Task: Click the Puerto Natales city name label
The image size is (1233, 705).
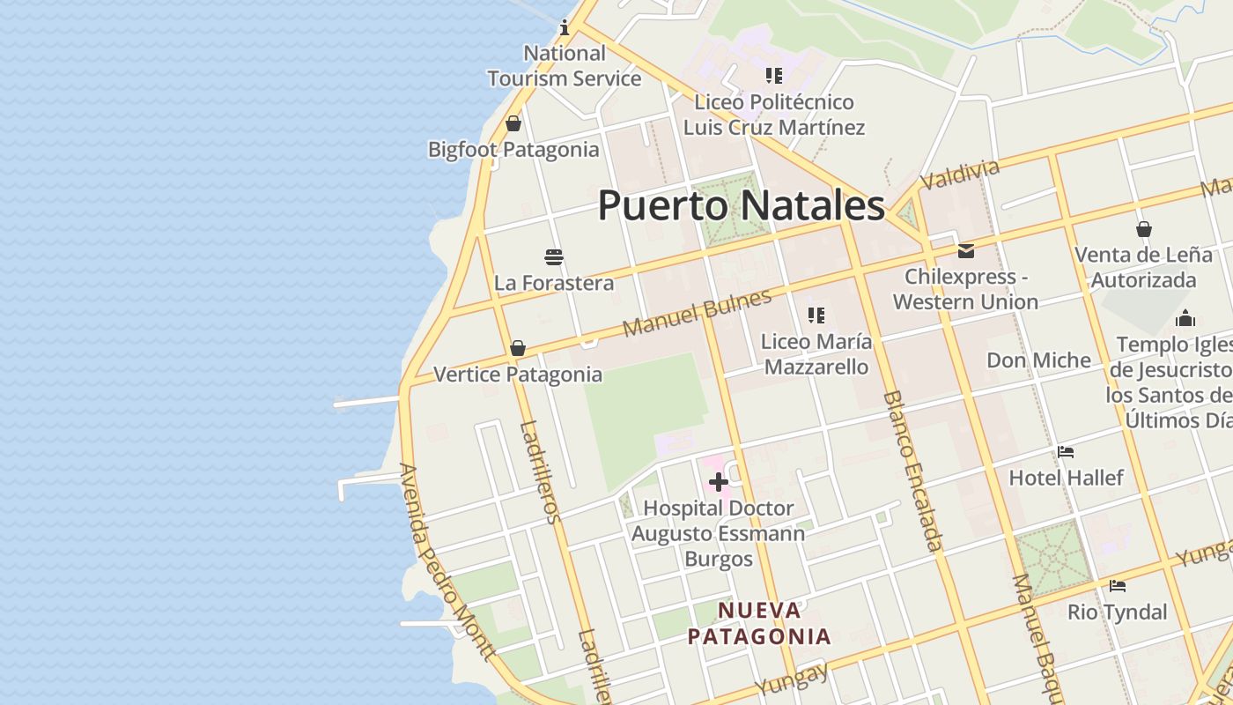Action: pyautogui.click(x=741, y=205)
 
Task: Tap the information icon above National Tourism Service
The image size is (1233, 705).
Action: pyautogui.click(x=565, y=28)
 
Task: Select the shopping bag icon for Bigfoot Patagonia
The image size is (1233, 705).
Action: pyautogui.click(x=513, y=123)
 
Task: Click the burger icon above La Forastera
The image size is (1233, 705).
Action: pyautogui.click(x=554, y=257)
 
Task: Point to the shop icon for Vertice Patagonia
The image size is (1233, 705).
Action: pyautogui.click(x=518, y=348)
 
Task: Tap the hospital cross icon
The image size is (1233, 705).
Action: pyautogui.click(x=719, y=482)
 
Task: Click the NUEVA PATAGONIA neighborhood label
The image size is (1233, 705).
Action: pyautogui.click(x=759, y=623)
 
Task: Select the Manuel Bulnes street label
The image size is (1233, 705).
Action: pyautogui.click(x=697, y=313)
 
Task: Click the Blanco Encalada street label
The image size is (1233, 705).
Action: pyautogui.click(x=912, y=471)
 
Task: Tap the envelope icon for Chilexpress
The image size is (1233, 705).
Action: pyautogui.click(x=966, y=251)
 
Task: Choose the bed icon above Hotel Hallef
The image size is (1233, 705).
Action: pyautogui.click(x=1066, y=452)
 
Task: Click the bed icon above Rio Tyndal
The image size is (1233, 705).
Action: pyautogui.click(x=1118, y=586)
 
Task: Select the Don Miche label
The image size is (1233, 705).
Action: pyautogui.click(x=1038, y=360)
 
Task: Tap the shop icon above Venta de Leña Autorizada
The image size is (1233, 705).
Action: pyautogui.click(x=1143, y=229)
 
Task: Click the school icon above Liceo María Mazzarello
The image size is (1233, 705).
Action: pyautogui.click(x=816, y=315)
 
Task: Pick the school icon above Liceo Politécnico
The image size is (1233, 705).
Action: pyautogui.click(x=774, y=76)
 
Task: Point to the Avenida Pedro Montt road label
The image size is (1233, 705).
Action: pyautogui.click(x=446, y=561)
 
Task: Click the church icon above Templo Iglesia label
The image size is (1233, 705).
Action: pyautogui.click(x=1185, y=318)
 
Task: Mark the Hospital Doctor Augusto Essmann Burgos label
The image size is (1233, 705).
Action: pyautogui.click(x=719, y=533)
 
